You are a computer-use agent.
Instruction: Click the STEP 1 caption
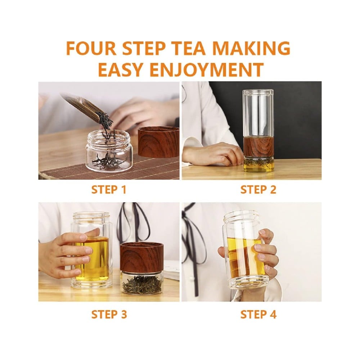(109, 190)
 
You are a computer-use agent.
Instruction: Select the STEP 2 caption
(258, 190)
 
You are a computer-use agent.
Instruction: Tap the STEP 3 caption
(109, 314)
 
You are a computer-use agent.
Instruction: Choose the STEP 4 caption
(258, 314)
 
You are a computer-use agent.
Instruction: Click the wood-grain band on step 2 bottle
(258, 147)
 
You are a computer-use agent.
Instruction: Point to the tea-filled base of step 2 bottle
(259, 165)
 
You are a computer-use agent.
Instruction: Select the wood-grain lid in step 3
(141, 257)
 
